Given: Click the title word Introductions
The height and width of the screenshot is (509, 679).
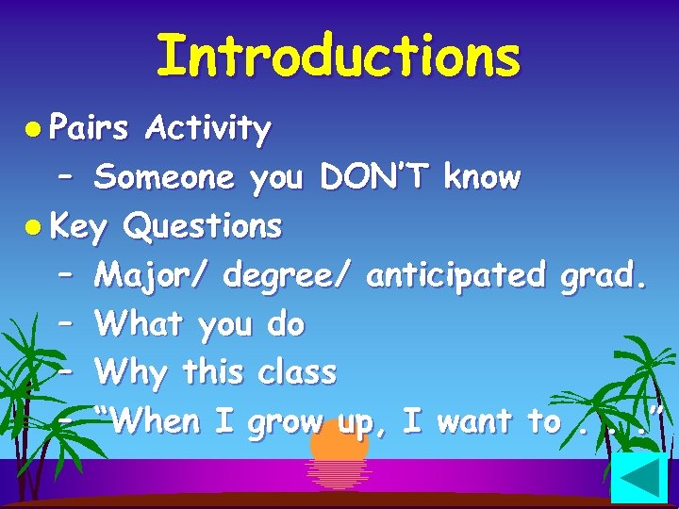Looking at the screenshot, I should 338,56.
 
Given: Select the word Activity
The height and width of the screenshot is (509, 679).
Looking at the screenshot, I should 208,128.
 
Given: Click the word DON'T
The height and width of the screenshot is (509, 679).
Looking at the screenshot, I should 374,176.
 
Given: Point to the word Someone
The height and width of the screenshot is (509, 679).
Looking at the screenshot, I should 164,176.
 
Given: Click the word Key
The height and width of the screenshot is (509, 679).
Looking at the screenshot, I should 79,227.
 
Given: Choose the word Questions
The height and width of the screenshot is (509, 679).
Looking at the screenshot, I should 203,226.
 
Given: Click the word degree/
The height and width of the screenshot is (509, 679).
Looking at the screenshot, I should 288,276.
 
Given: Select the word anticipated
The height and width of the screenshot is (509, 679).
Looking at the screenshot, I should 456,275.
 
